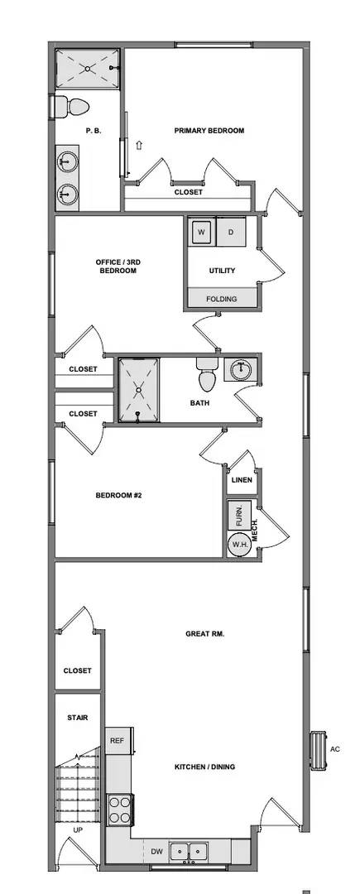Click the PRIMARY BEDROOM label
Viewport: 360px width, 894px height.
point(209,130)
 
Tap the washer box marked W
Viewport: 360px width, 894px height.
point(201,233)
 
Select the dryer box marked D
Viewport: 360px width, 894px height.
point(232,233)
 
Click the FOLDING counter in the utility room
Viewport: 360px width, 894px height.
point(221,299)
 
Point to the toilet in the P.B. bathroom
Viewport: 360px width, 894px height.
point(71,107)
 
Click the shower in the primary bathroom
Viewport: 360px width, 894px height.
point(88,69)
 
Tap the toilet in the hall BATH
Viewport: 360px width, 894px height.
point(208,376)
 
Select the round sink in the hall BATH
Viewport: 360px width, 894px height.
point(241,369)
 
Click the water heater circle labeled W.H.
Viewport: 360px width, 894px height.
point(239,544)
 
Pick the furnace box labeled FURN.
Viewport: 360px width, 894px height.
point(239,515)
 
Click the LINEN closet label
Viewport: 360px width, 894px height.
point(242,479)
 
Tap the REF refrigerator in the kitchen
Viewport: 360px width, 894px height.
point(117,741)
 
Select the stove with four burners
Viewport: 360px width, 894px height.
point(120,808)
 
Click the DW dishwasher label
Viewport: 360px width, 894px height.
point(156,850)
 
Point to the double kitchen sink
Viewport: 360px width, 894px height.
point(189,850)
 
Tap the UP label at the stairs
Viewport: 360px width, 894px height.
point(78,829)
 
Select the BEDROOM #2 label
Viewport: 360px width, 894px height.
point(120,496)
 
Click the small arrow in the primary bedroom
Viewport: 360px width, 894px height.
point(139,145)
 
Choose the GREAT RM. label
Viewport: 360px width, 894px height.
point(205,634)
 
